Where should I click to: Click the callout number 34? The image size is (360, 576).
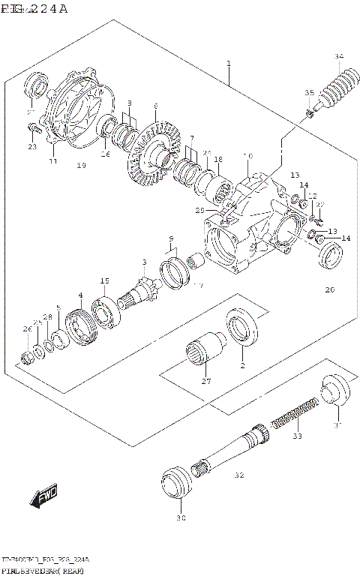(x=339, y=57)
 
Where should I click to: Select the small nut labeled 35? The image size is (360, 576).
(x=309, y=114)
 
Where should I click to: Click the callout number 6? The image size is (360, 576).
(x=155, y=106)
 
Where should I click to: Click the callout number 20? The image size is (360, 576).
(x=329, y=290)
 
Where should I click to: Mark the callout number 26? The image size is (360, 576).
(x=27, y=329)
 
